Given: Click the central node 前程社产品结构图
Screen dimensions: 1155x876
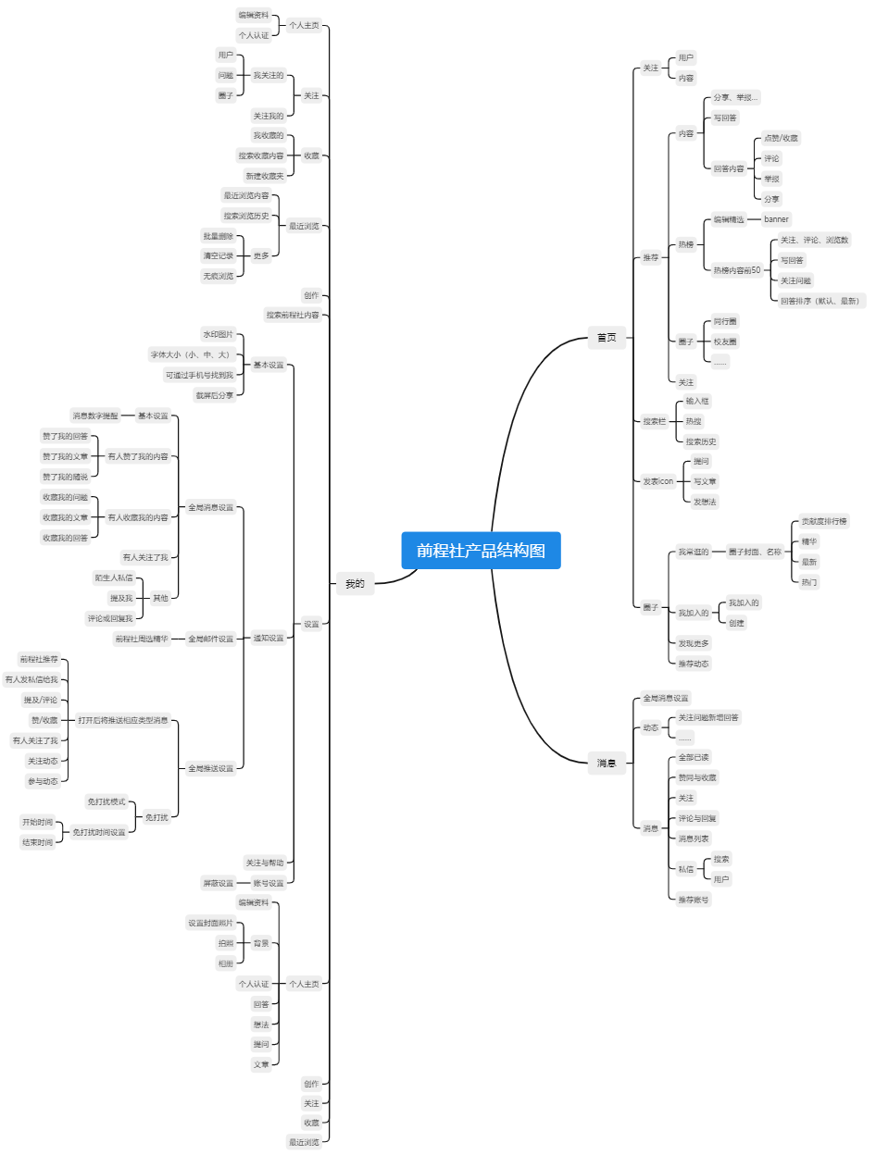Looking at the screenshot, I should pyautogui.click(x=481, y=551).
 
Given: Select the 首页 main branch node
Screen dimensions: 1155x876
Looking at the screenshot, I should pyautogui.click(x=607, y=338).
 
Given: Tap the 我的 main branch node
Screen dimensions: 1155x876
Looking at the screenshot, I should pyautogui.click(x=355, y=584).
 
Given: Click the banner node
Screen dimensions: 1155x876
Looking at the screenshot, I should pyautogui.click(x=776, y=219).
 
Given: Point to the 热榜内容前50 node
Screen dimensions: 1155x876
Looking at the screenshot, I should pyautogui.click(x=736, y=270).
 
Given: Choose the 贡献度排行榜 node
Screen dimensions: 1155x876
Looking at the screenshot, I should pyautogui.click(x=824, y=522).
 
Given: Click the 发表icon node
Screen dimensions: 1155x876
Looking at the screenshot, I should pyautogui.click(x=658, y=481).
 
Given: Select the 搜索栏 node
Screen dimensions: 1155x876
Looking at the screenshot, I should pyautogui.click(x=655, y=421).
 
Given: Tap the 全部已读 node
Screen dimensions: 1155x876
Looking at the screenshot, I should pyautogui.click(x=694, y=757).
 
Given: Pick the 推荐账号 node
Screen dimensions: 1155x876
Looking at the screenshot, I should pyautogui.click(x=694, y=899).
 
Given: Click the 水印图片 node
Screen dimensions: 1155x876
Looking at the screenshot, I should pyautogui.click(x=219, y=334).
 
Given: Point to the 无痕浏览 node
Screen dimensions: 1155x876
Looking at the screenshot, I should pyautogui.click(x=219, y=276).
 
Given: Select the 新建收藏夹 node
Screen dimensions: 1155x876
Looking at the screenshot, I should pyautogui.click(x=265, y=176).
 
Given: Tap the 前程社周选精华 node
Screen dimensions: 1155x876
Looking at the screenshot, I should pyautogui.click(x=142, y=639).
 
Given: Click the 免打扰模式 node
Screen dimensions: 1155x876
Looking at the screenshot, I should pyautogui.click(x=106, y=801).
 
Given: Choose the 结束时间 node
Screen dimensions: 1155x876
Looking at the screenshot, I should pyautogui.click(x=38, y=842).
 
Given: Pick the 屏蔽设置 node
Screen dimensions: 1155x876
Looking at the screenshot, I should pyautogui.click(x=219, y=883).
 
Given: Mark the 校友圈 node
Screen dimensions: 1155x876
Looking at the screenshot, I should pyautogui.click(x=725, y=342).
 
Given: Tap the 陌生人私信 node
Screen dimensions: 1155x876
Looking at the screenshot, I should pyautogui.click(x=114, y=577).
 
